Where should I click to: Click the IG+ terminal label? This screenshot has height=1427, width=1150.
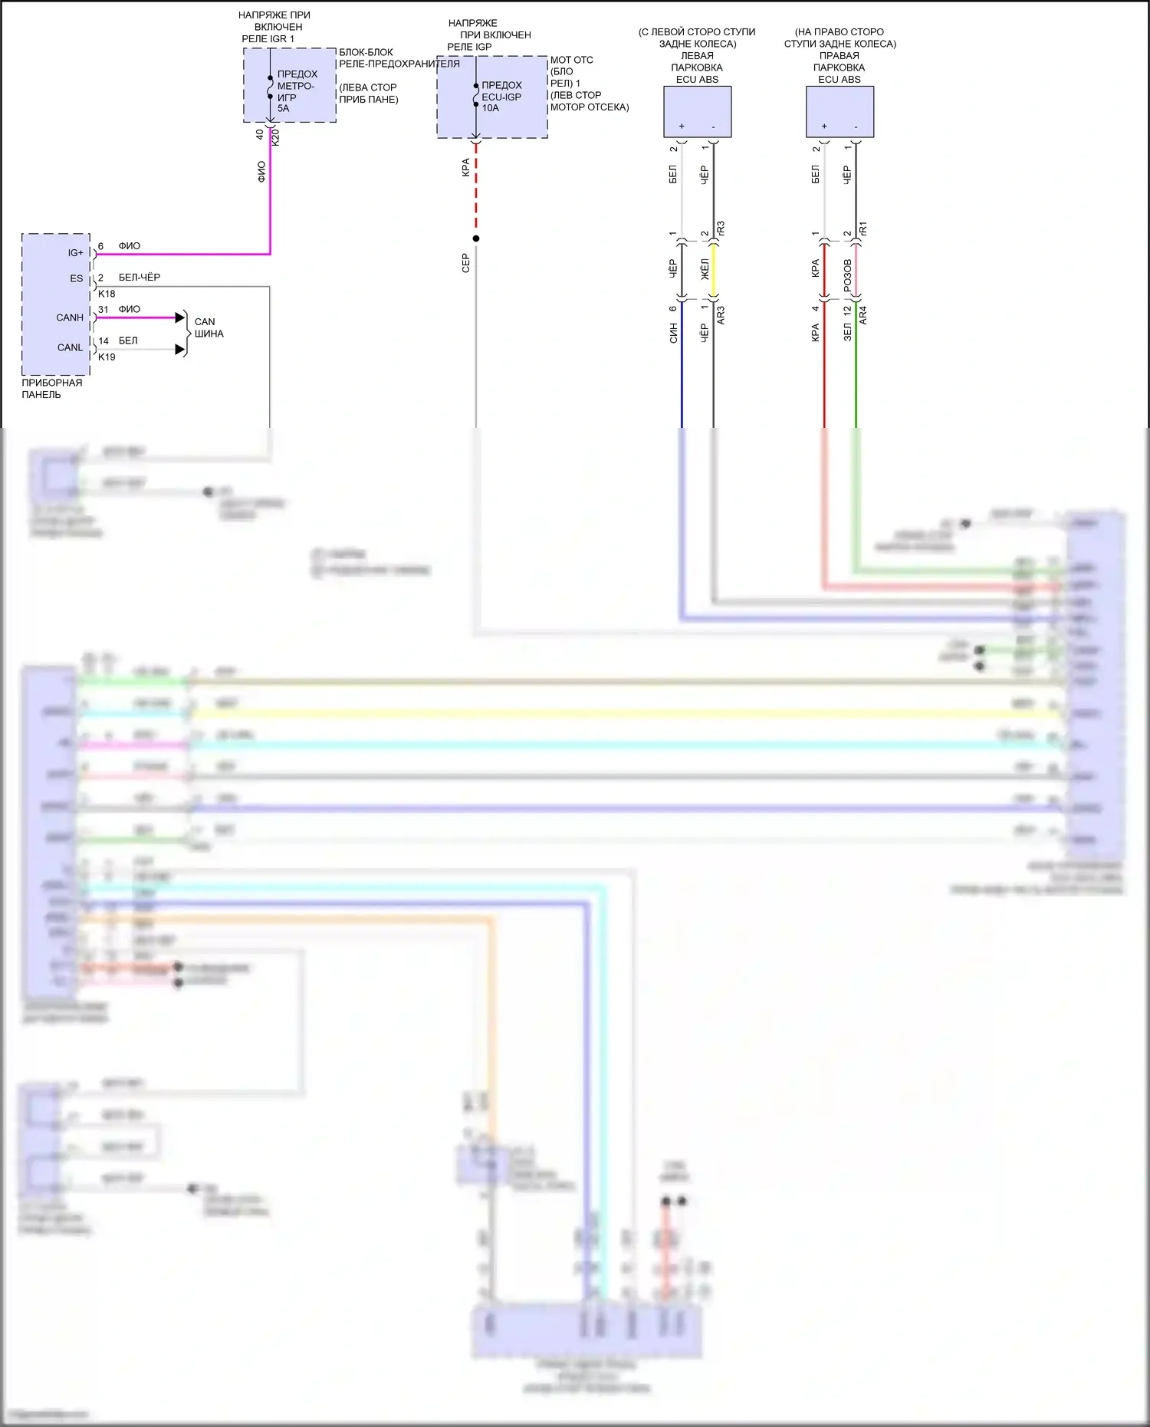75,253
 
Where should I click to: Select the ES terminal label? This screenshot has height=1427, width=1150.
77,278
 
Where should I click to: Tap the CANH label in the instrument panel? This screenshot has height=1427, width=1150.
70,317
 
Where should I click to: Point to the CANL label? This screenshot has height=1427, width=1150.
70,347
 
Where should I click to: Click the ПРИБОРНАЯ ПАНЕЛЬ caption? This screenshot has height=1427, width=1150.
51,389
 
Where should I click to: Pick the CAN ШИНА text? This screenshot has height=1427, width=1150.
209,328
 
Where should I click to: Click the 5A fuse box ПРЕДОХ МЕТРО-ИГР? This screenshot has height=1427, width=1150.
290,85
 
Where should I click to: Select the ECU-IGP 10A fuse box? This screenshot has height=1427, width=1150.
492,97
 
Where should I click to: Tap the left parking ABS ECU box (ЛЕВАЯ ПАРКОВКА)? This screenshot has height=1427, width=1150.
697,112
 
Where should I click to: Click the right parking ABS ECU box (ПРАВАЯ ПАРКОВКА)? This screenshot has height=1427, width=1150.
839,112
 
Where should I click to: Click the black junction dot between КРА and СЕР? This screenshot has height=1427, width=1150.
476,238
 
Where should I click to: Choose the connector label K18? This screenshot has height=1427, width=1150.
107,294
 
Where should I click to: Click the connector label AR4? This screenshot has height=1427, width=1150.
863,314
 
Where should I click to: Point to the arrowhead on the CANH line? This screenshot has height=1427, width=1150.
180,317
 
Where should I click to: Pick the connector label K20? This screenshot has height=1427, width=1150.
276,136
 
